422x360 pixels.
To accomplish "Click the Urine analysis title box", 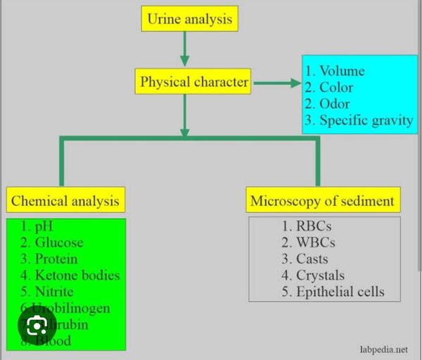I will click(x=190, y=19).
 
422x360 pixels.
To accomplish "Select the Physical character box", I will click(x=193, y=82).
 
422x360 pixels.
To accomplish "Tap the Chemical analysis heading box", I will click(x=65, y=201).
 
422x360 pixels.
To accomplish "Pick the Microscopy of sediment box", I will click(x=323, y=201).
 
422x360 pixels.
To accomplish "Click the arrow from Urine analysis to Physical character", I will click(x=184, y=49).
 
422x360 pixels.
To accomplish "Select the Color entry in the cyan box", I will click(x=336, y=88).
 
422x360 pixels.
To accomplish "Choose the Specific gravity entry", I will click(x=366, y=120).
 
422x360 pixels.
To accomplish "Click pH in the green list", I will click(x=42, y=226).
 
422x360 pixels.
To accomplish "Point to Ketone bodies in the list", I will click(x=78, y=275).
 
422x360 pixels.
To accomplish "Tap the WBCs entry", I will click(x=314, y=243).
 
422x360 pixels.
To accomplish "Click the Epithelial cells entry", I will click(x=340, y=291).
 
